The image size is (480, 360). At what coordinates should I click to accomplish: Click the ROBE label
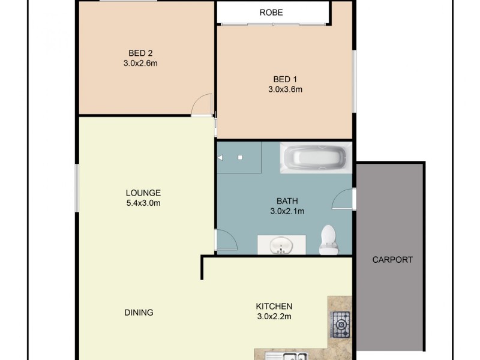tap(271, 13)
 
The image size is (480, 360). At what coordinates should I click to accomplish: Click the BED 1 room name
tap(285, 79)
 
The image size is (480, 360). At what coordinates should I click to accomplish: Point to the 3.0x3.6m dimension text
tap(285, 90)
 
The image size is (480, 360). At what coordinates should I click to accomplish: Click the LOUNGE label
tap(143, 193)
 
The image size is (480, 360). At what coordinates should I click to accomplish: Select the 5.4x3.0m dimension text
tap(143, 203)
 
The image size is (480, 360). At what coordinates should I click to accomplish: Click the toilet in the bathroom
tap(328, 239)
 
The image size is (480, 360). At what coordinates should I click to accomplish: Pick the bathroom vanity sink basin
tap(281, 245)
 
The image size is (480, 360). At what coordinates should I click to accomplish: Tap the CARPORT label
tap(392, 260)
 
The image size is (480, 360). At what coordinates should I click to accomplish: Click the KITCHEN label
tap(274, 306)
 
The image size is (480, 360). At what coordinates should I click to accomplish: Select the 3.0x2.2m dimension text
tap(274, 316)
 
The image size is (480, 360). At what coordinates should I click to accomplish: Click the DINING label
tap(139, 312)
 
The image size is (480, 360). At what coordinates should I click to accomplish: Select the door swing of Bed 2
tap(203, 105)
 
